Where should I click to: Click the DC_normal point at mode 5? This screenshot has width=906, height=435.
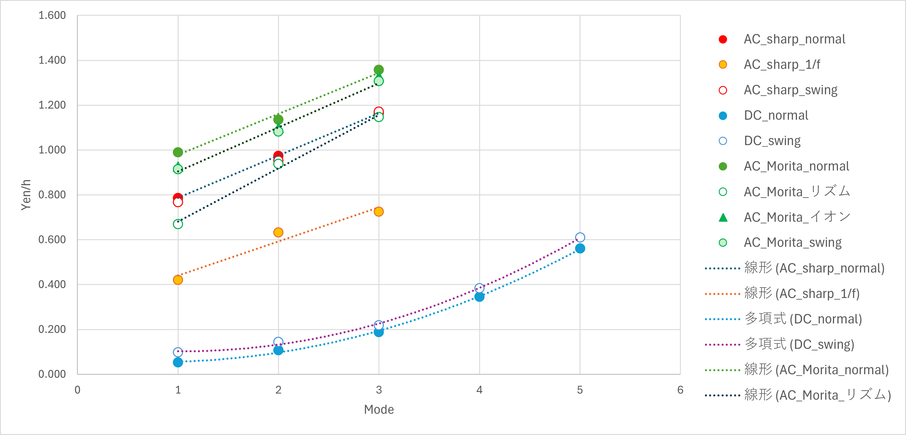coord(580,248)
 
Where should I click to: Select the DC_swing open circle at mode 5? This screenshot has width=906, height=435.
coord(580,237)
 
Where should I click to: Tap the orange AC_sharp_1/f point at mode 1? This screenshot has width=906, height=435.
coord(178,280)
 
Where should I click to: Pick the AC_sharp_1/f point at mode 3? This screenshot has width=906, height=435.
coord(378,212)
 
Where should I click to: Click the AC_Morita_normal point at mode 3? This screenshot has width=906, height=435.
coord(378,69)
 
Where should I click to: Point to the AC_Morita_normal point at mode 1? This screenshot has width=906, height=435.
coord(178,152)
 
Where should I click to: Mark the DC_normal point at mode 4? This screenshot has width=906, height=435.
coord(479,297)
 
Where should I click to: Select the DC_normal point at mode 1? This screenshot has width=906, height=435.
coord(178,362)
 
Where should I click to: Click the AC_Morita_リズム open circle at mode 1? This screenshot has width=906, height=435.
coord(178,224)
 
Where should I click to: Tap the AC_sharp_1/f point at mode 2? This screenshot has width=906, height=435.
coord(278,232)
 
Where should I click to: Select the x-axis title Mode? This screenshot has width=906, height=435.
coord(379,409)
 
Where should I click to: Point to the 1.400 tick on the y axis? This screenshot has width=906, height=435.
coord(52,60)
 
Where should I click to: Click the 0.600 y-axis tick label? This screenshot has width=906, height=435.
coord(52,240)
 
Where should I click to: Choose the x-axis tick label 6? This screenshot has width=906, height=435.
coord(680,390)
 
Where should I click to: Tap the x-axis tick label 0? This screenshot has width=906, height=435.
coord(77,390)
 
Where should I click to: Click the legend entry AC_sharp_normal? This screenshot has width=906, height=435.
coord(794,39)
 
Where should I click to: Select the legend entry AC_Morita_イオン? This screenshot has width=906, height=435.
coord(797,217)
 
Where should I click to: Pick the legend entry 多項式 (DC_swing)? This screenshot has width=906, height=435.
coord(799,344)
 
